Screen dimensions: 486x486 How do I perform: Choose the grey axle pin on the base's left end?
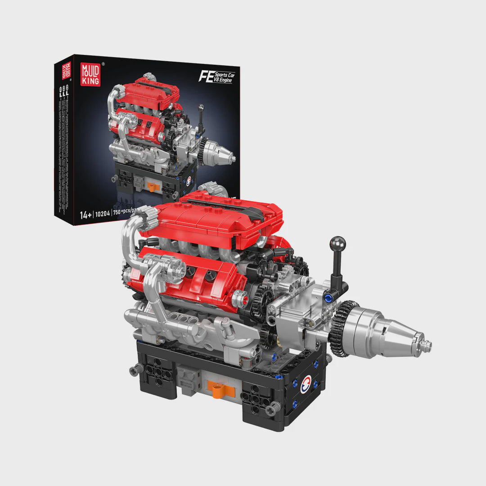(x=134, y=370)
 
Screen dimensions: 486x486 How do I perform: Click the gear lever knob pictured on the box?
(x=201, y=108)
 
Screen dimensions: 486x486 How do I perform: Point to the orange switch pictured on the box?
(x=150, y=185)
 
